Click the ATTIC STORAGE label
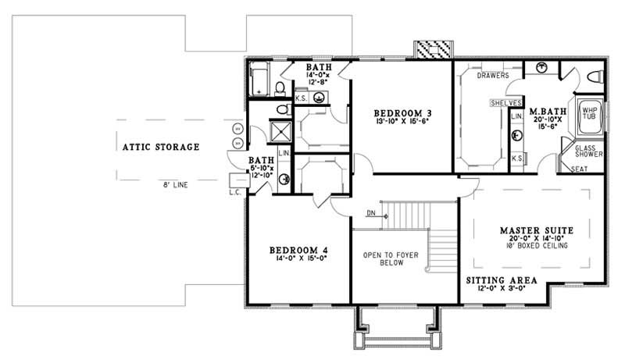pyautogui.click(x=160, y=146)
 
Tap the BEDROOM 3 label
pyautogui.click(x=403, y=113)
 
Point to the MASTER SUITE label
pyautogui.click(x=537, y=231)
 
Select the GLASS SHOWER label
pyautogui.click(x=589, y=151)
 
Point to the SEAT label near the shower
pyautogui.click(x=580, y=169)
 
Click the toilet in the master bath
pyautogui.click(x=595, y=77)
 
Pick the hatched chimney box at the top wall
pyautogui.click(x=433, y=49)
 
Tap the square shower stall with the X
pyautogui.click(x=278, y=130)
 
